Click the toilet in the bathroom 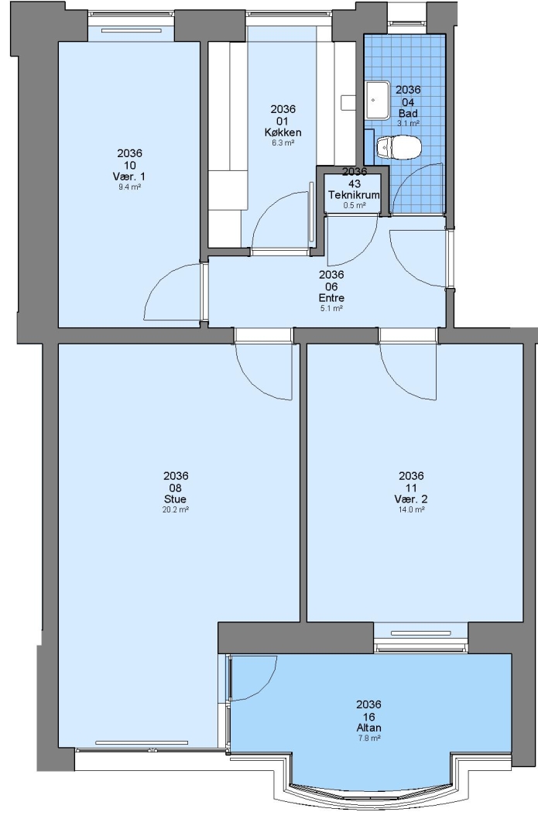398,147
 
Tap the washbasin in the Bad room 378,100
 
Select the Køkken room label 283,132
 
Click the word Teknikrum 354,195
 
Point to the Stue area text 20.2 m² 176,509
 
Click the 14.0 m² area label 412,509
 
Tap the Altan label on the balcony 368,728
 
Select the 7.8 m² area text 369,738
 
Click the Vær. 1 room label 129,176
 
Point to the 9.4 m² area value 129,187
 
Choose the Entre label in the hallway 331,298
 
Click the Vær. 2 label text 411,499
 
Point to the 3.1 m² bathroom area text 408,123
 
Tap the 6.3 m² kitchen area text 283,143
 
